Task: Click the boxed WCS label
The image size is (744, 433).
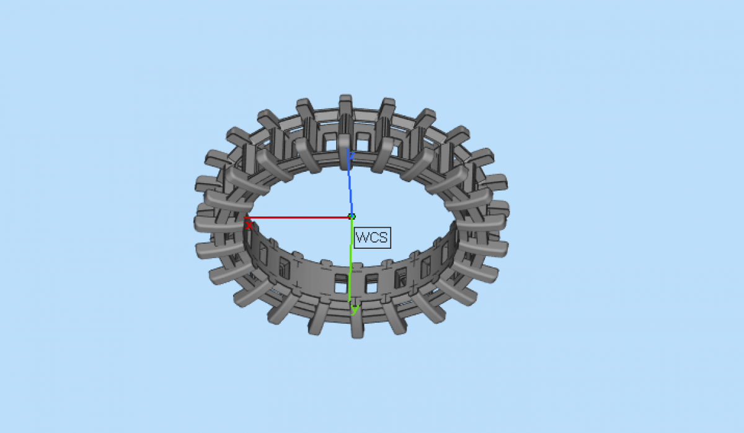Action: coord(373,238)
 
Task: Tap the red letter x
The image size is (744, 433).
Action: coord(249,226)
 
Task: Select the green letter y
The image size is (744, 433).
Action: coord(355,310)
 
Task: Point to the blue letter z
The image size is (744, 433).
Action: coord(352,155)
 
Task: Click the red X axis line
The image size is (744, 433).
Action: coord(298,218)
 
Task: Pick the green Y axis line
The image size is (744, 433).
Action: coord(351,259)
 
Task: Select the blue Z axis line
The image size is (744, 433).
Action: coord(350,182)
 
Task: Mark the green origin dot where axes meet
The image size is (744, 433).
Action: coord(352,216)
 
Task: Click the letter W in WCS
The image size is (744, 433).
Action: coord(362,238)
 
